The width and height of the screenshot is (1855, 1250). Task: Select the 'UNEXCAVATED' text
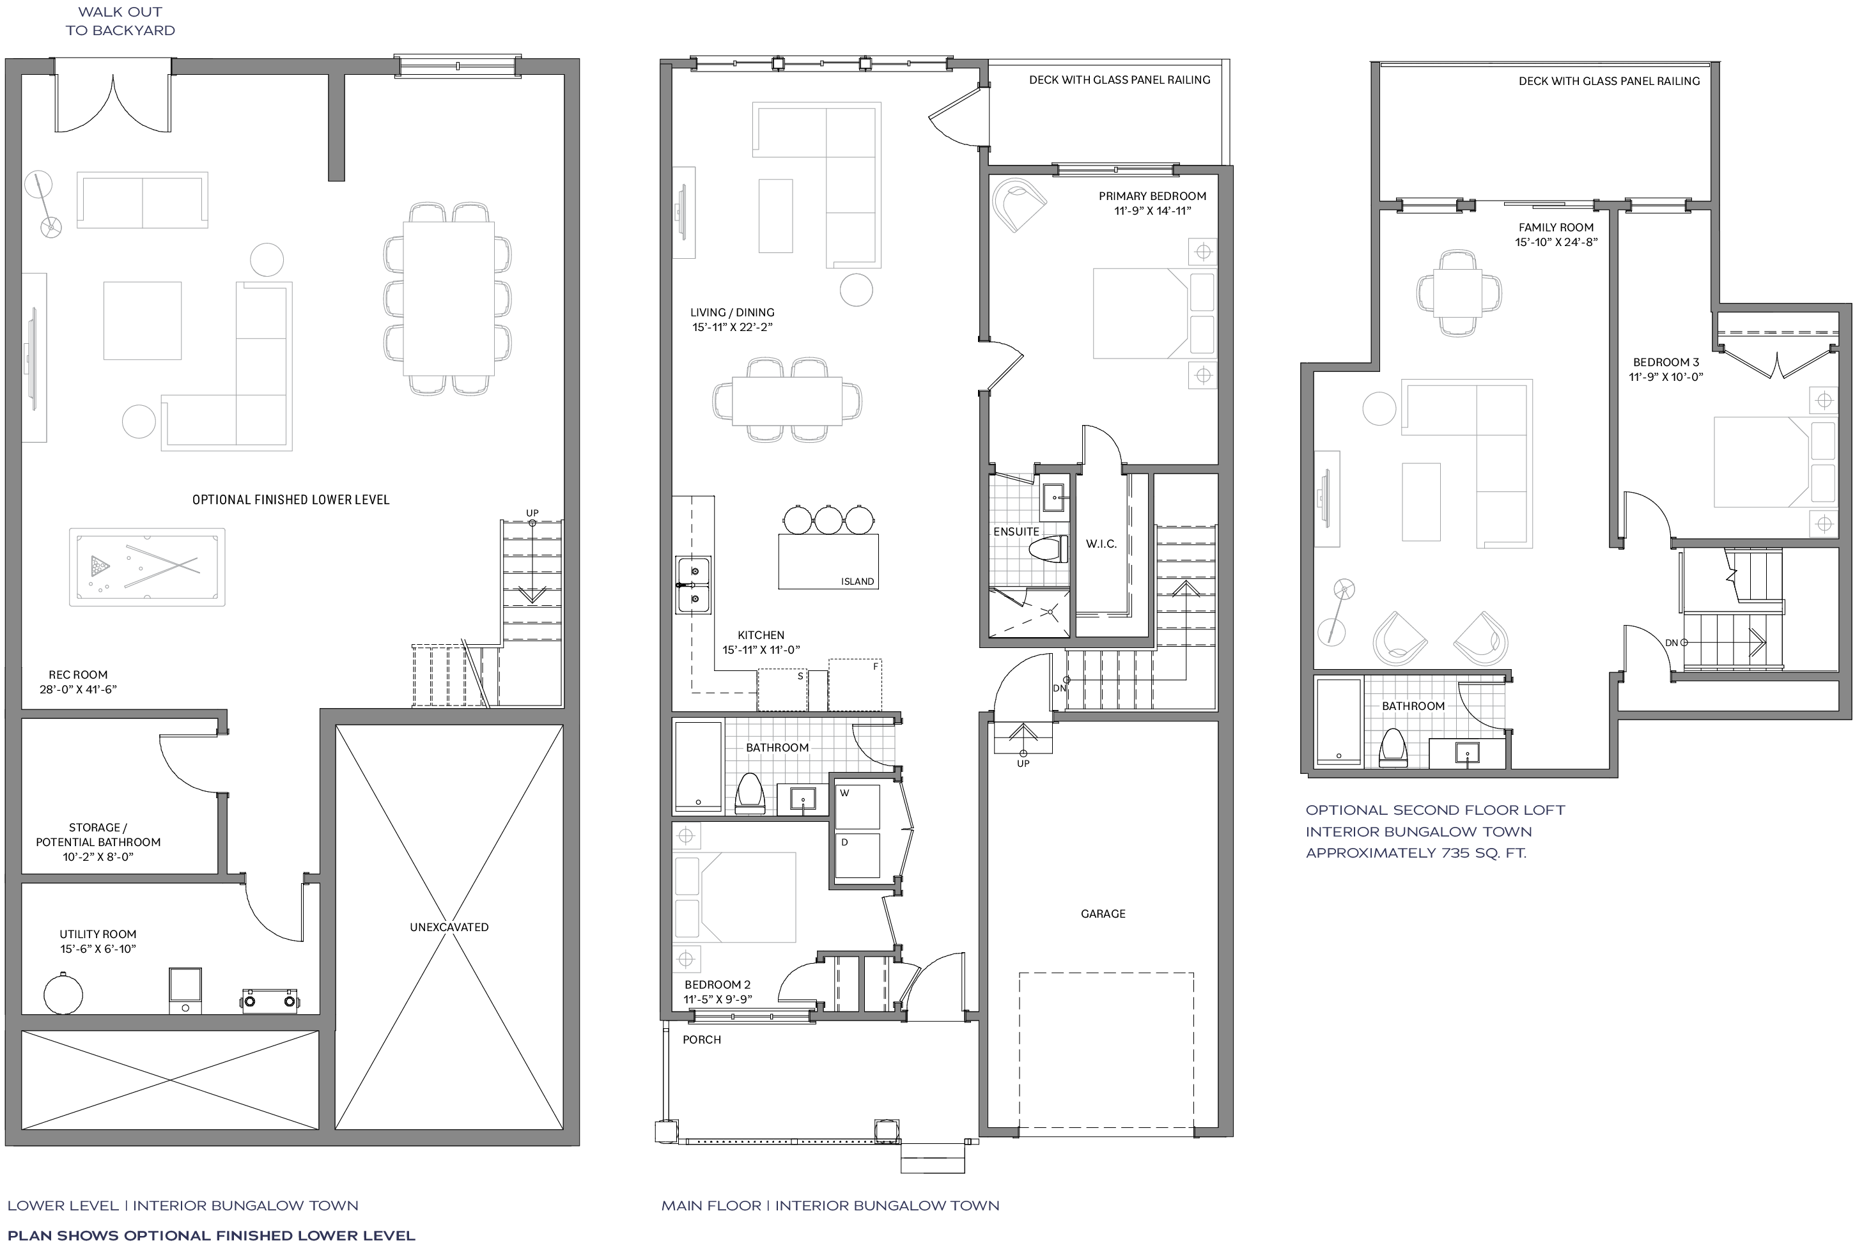point(449,927)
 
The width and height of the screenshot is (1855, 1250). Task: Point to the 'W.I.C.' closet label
point(1101,544)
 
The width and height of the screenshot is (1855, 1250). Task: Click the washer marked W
point(858,806)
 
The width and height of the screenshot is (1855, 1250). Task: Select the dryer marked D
point(858,856)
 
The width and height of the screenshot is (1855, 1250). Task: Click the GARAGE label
point(1103,914)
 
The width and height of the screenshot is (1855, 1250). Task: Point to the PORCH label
point(701,1040)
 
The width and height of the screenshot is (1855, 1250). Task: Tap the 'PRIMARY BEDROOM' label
point(1153,196)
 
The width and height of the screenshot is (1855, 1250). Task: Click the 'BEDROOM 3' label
point(1666,362)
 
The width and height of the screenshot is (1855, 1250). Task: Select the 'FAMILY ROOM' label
point(1556,228)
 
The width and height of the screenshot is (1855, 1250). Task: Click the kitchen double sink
point(693,585)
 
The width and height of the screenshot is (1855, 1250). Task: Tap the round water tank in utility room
point(63,993)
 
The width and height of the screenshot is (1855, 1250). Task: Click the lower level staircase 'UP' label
point(532,513)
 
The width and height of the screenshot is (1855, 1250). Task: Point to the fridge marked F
point(855,684)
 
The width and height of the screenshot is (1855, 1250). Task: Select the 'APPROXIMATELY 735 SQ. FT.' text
point(1416,853)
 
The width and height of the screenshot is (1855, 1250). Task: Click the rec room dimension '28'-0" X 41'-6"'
point(78,690)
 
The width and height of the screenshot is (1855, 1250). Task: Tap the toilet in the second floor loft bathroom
point(1393,747)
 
